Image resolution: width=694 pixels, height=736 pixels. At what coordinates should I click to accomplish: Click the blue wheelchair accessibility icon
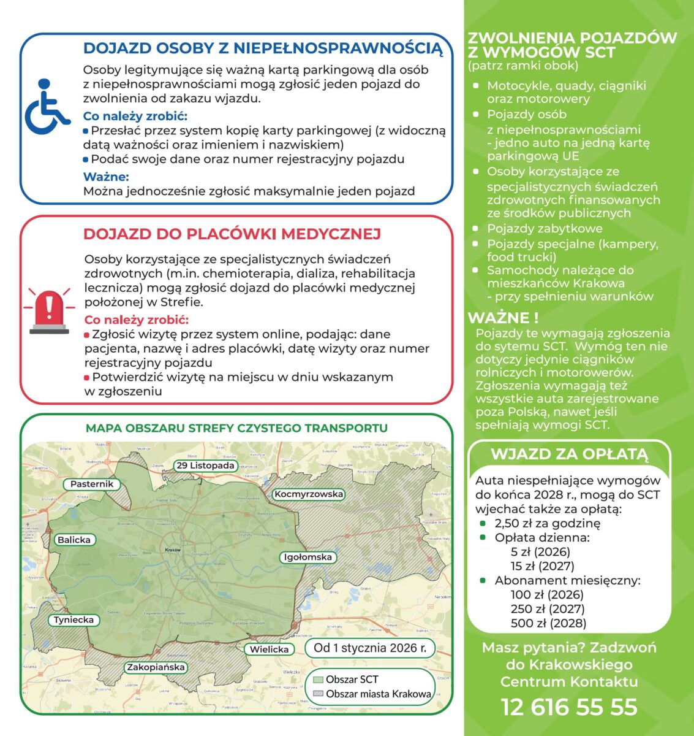47,107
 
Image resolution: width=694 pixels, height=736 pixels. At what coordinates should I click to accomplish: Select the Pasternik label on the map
92,484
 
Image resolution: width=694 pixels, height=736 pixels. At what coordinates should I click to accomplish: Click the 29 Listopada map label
206,466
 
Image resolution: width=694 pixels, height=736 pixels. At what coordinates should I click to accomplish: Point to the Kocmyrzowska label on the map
309,494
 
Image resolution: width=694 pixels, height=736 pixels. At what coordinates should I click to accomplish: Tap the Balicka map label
74,540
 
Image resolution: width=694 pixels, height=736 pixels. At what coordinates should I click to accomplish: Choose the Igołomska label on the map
307,557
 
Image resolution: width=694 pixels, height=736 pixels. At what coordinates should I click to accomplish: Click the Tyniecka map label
74,619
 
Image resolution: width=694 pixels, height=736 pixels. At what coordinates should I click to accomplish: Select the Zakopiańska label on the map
156,667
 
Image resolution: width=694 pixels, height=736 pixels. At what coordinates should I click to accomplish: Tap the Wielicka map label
270,649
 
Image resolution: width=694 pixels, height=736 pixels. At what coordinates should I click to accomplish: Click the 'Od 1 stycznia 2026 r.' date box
369,648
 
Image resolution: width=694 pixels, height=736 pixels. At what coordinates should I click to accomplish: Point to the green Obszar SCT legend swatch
318,680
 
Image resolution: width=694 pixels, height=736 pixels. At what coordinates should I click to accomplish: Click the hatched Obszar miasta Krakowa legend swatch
318,694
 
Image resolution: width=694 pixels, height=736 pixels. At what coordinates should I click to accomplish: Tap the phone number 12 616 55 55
569,707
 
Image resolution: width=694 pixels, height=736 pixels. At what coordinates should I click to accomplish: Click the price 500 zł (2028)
548,623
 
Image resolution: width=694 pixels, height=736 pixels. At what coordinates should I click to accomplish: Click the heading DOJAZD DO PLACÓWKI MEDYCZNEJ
232,234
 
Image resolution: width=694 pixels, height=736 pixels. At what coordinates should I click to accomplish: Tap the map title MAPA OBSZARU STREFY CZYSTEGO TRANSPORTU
236,428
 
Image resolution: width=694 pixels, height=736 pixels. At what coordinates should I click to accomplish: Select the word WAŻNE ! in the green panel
503,318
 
